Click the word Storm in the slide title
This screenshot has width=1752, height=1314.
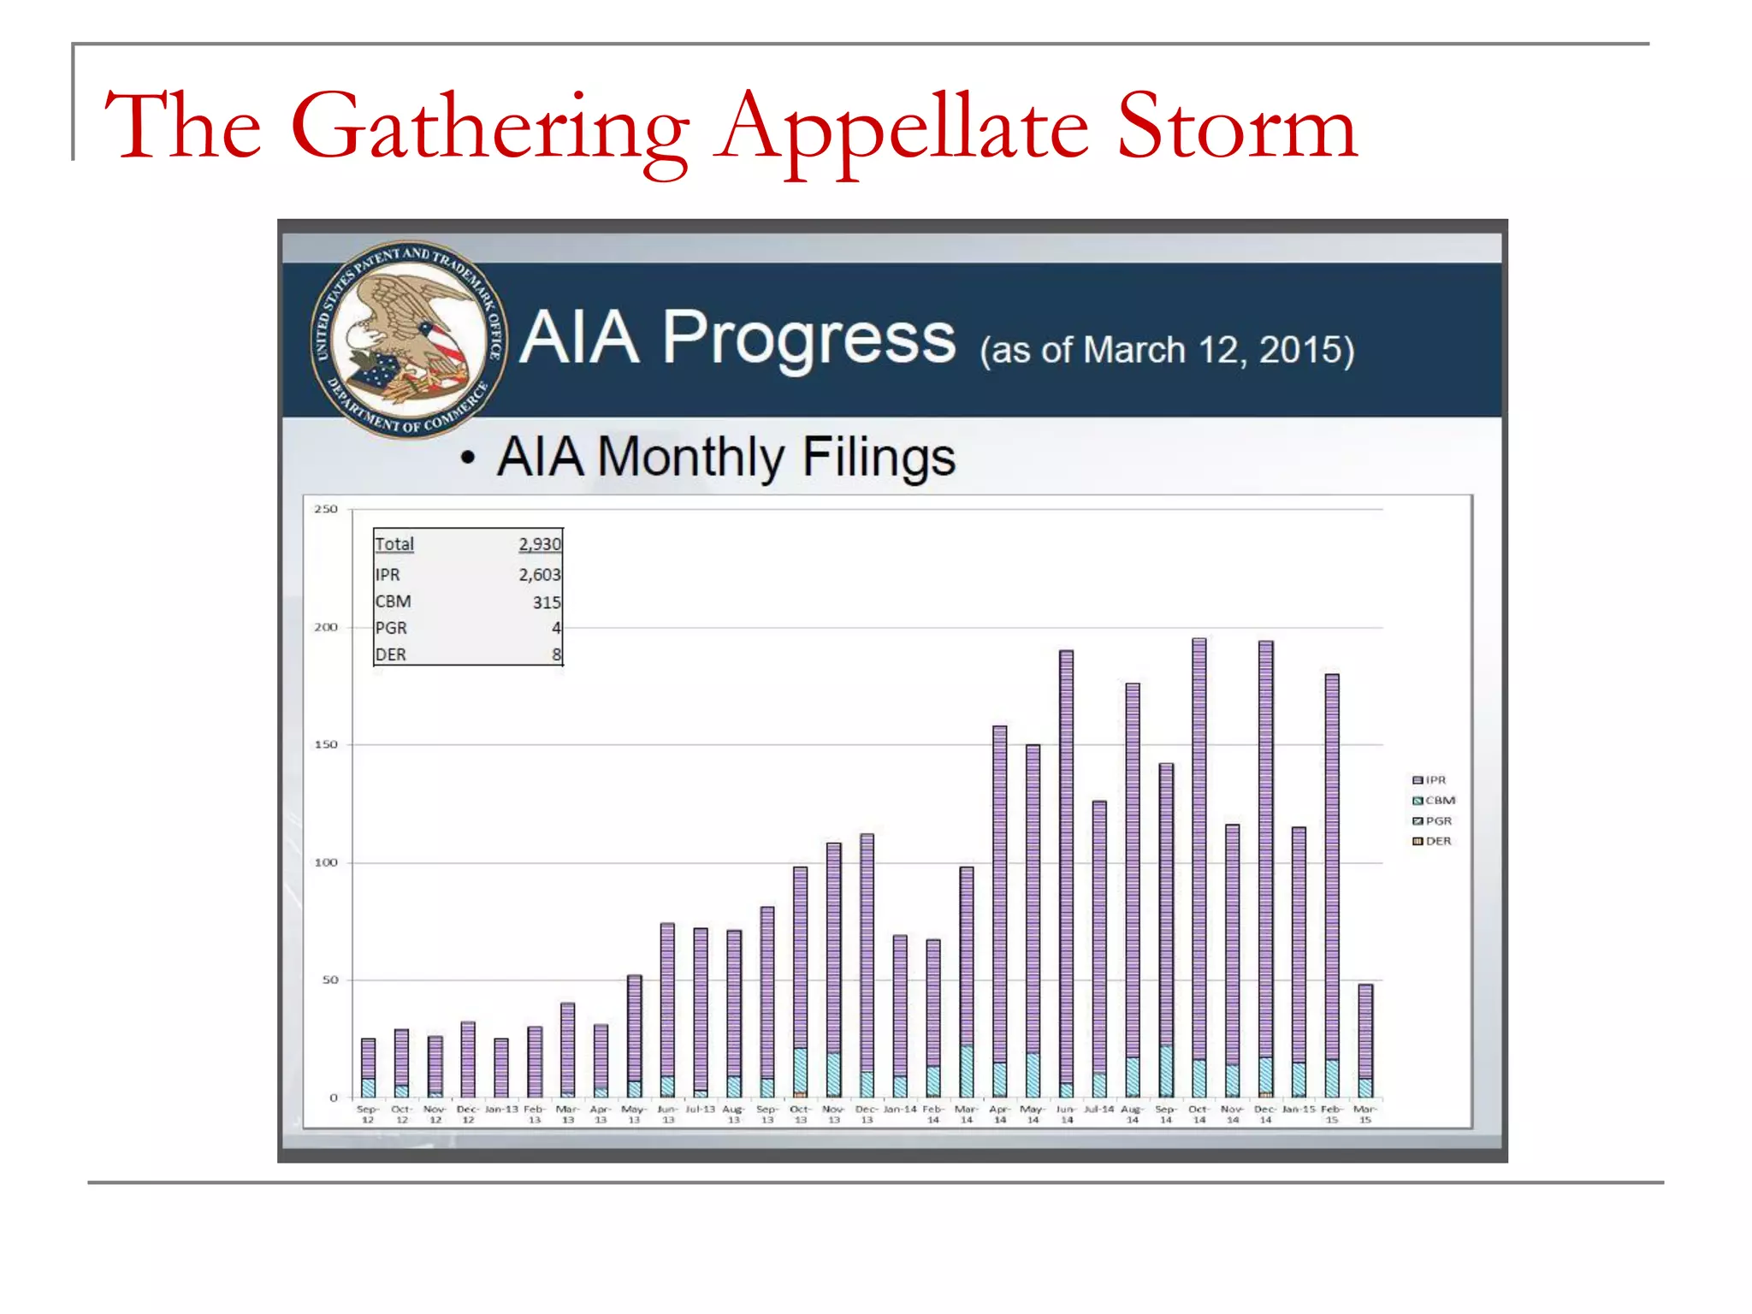point(1237,127)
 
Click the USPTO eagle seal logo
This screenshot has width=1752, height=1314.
point(409,339)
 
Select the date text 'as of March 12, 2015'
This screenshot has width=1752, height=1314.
point(1167,350)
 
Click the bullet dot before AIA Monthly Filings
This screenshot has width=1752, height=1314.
point(467,458)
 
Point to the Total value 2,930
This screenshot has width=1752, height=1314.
point(540,544)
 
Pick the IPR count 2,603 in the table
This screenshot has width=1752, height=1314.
point(540,575)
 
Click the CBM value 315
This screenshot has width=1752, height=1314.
point(547,602)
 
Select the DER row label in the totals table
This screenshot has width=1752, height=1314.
point(391,654)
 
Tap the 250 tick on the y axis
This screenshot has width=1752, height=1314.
point(326,509)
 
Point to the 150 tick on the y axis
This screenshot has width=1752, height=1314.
point(326,744)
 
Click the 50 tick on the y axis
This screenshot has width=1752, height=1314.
point(330,980)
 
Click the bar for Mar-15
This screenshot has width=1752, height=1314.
point(1365,1040)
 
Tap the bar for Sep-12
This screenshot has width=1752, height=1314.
point(368,1068)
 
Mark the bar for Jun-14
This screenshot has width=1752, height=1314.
point(1066,873)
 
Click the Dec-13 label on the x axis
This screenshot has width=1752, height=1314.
point(867,1114)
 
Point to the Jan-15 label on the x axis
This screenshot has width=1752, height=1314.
point(1299,1110)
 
